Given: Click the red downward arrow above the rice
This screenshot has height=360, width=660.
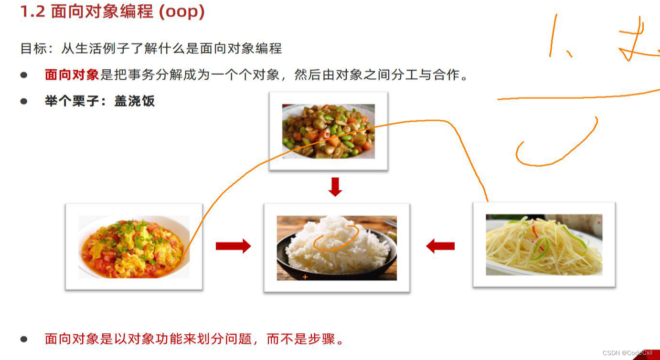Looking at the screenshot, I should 335,187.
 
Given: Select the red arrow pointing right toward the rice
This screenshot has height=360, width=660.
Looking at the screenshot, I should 233,246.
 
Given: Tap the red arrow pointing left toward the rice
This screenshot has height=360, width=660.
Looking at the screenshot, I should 440,246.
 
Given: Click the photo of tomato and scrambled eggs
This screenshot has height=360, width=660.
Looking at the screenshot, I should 134,246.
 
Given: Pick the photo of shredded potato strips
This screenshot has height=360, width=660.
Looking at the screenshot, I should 543,244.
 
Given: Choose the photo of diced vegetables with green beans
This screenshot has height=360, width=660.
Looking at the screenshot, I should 329,131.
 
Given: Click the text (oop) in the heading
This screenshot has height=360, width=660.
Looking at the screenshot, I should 181,12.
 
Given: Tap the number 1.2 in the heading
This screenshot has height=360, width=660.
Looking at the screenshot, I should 32,12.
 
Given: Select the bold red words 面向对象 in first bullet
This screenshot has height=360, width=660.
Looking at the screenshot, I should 72,75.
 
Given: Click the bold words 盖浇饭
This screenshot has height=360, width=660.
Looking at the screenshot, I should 135,101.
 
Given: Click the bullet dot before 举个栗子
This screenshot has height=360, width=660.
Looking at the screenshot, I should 24,101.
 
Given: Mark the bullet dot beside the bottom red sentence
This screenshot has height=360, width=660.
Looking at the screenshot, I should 24,339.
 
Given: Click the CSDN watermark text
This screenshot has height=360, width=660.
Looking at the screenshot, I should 627,353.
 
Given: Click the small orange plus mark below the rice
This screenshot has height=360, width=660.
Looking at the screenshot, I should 305,277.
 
